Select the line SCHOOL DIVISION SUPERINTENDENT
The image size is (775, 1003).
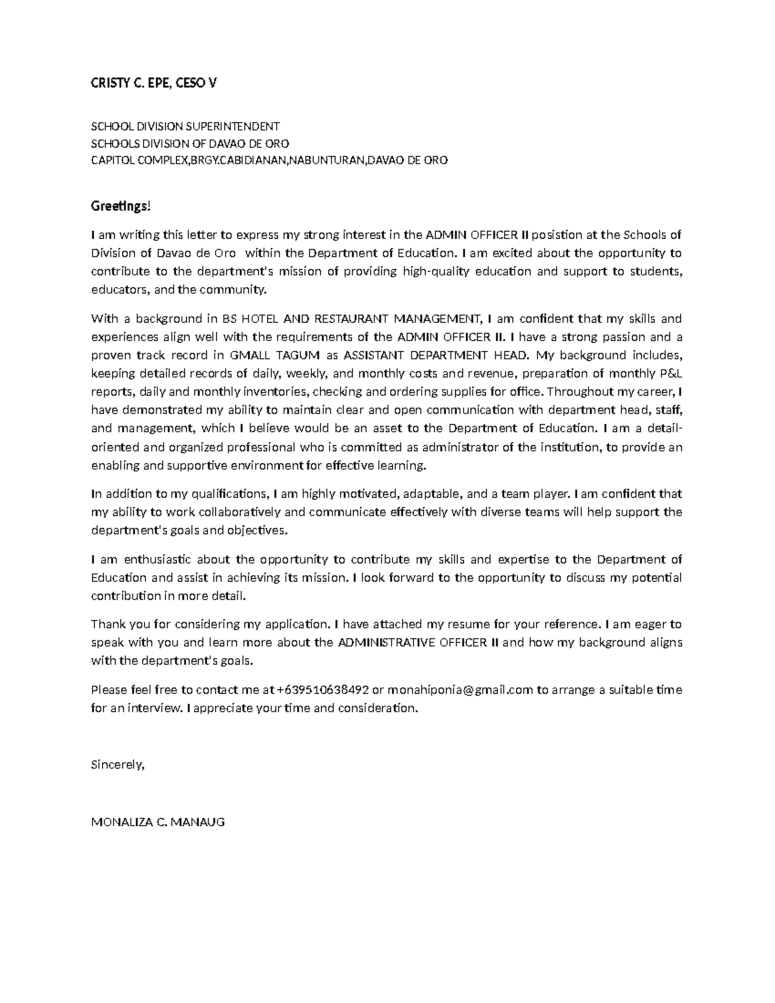(185, 127)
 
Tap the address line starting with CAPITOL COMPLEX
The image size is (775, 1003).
(269, 160)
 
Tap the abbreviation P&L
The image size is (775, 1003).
(669, 373)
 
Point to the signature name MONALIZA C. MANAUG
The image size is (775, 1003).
(158, 823)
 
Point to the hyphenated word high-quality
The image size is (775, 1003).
(437, 271)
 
